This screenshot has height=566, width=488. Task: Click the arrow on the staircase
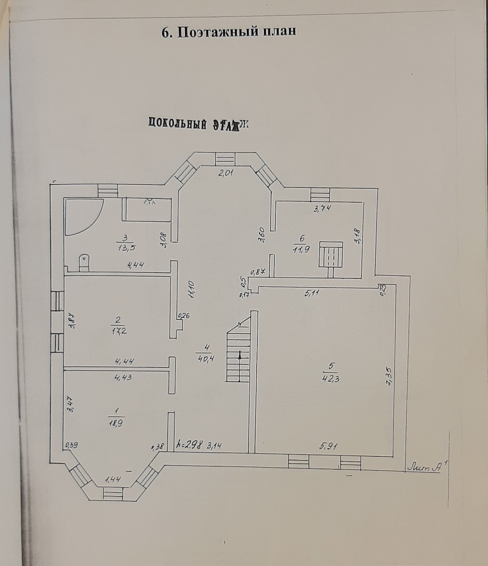(x=240, y=355)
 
